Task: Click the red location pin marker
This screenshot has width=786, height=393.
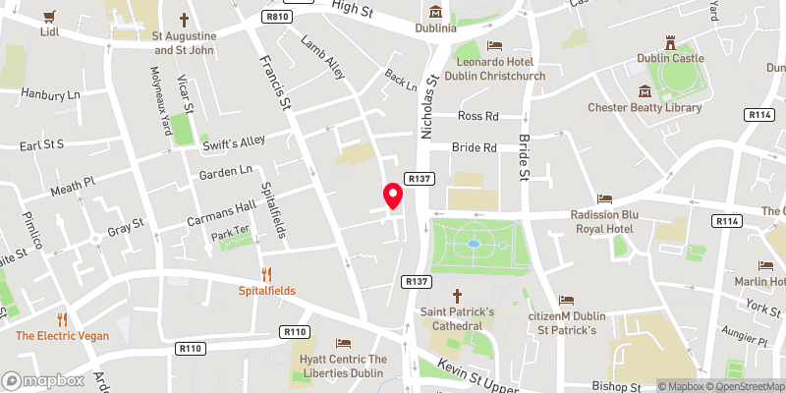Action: click(x=392, y=196)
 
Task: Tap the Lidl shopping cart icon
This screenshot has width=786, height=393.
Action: click(x=50, y=16)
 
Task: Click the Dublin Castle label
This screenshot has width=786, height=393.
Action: click(x=670, y=59)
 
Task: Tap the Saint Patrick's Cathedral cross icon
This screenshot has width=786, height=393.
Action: click(x=457, y=295)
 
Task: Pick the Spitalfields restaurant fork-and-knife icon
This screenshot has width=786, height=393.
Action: click(x=266, y=274)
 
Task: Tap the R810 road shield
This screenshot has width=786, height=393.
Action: click(x=278, y=17)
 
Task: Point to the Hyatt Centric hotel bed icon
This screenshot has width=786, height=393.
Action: click(x=343, y=343)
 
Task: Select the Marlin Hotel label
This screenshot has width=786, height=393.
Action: click(x=761, y=282)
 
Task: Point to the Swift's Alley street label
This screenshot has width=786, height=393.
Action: click(x=234, y=142)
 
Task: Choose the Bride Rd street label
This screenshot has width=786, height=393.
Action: click(x=475, y=147)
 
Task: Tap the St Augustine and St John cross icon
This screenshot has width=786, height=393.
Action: click(x=184, y=20)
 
